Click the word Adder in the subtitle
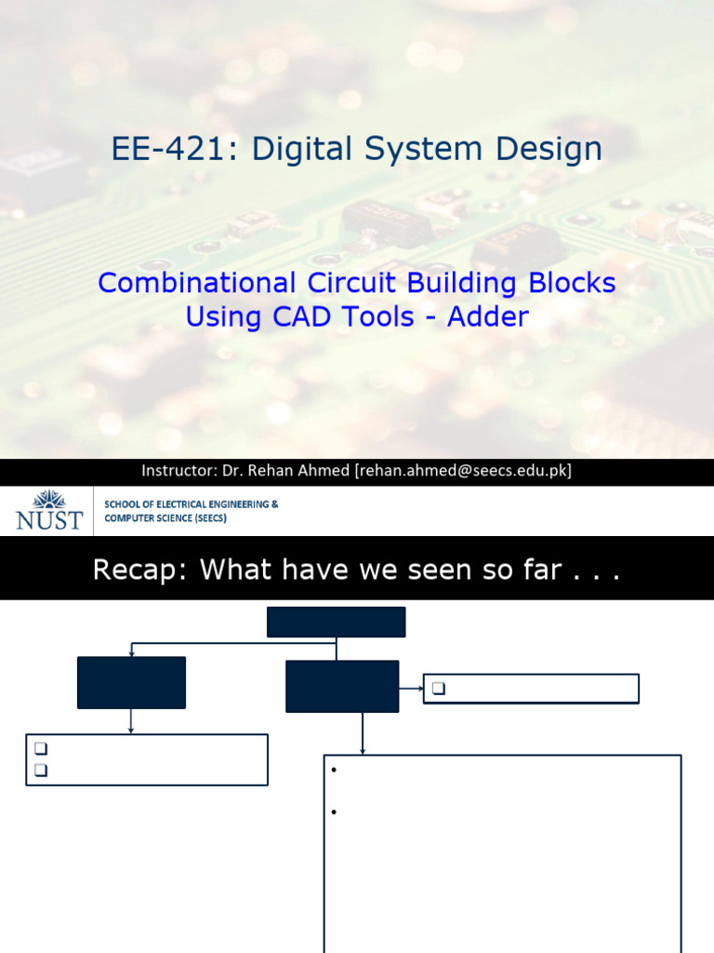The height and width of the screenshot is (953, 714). (x=488, y=316)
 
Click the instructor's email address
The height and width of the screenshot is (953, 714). (x=463, y=471)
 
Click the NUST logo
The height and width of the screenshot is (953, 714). (x=48, y=510)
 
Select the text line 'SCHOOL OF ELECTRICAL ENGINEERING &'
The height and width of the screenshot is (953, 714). (x=191, y=503)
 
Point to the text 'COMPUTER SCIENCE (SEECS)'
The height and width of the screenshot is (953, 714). (x=165, y=518)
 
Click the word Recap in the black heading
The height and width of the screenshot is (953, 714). (x=133, y=570)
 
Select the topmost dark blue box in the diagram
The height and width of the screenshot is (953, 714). (x=336, y=622)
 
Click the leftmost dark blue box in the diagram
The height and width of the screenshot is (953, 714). (x=131, y=682)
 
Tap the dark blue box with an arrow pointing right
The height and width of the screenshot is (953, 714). (x=342, y=686)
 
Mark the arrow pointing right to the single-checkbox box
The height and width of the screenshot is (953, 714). (x=411, y=689)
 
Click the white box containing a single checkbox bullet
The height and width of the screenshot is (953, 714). (x=531, y=689)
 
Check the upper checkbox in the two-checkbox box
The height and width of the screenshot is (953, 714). (x=40, y=748)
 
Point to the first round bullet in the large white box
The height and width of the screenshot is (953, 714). (x=333, y=771)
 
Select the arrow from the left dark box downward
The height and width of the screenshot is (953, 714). (x=131, y=721)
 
